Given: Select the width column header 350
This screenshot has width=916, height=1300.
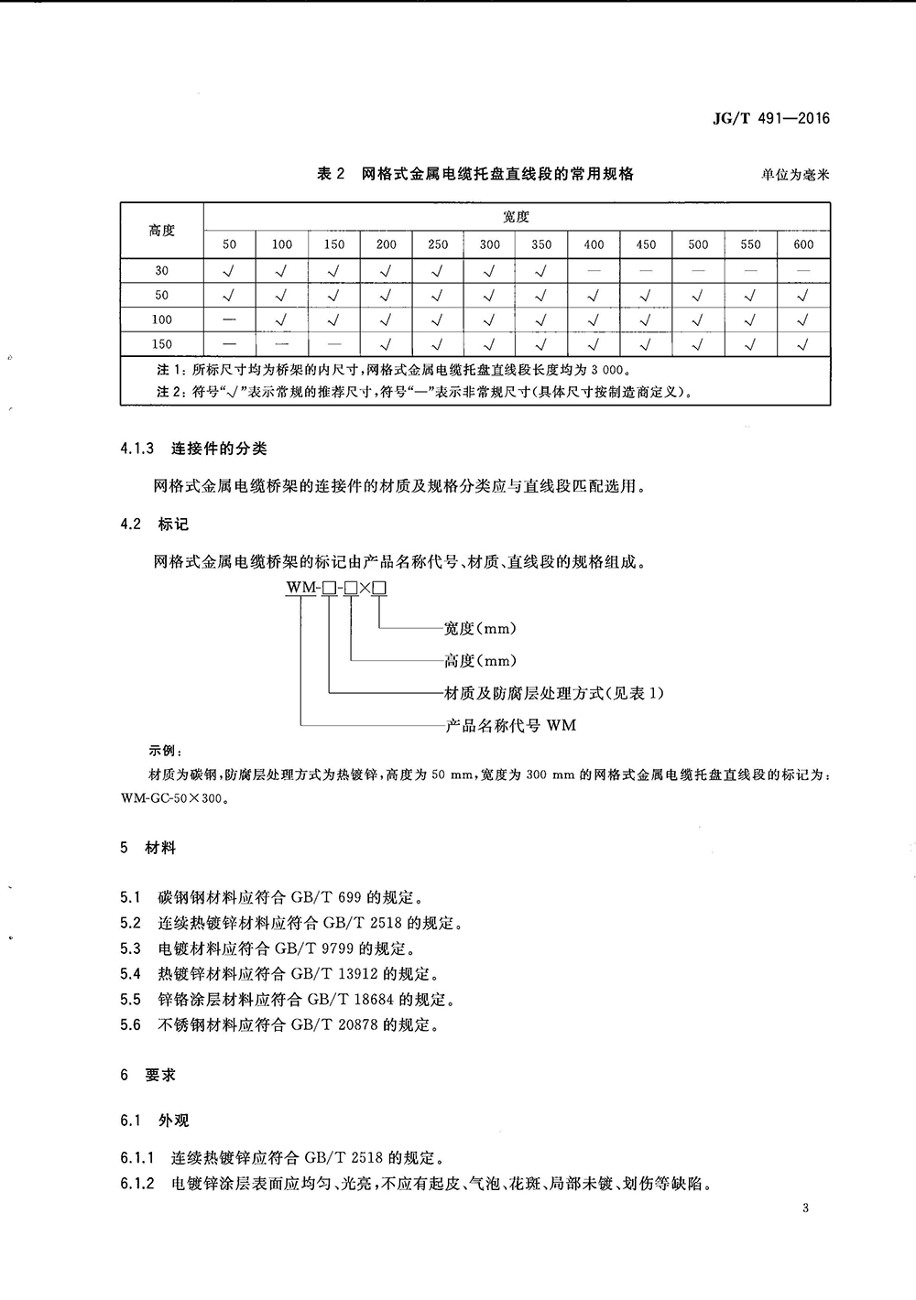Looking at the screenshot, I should click(x=541, y=244).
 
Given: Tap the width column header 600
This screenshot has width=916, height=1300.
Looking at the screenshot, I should click(x=803, y=244).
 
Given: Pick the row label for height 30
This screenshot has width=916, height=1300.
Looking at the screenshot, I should click(x=161, y=271).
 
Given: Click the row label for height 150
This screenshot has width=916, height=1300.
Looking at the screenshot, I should click(x=161, y=344).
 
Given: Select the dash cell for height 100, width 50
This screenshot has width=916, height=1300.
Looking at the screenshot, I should click(x=229, y=320).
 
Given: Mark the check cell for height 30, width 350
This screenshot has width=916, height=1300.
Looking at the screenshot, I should click(x=541, y=271).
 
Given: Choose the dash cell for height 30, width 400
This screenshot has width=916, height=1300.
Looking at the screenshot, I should click(x=594, y=271).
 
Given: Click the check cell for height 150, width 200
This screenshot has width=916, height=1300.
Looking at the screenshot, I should click(x=386, y=344).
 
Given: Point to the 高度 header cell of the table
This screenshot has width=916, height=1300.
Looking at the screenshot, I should click(x=161, y=231).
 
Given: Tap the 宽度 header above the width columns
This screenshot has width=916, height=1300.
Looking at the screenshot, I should click(x=517, y=218).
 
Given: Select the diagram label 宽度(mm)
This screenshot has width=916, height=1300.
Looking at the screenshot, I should click(x=480, y=628).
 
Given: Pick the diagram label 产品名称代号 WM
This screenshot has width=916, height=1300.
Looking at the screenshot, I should click(x=510, y=726).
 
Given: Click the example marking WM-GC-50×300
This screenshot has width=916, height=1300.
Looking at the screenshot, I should click(x=172, y=796).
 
